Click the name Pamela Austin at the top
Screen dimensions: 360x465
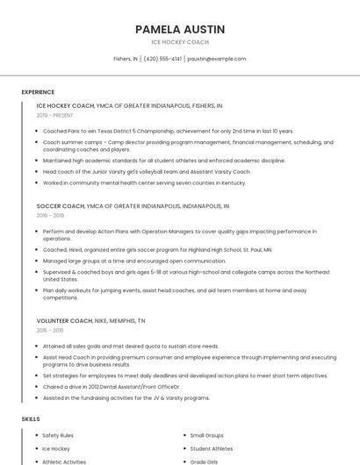pyautogui.click(x=180, y=29)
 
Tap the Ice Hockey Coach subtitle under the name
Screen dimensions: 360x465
pyautogui.click(x=180, y=42)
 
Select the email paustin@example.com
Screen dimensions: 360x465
pyautogui.click(x=217, y=59)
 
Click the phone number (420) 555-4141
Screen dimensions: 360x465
pyautogui.click(x=162, y=59)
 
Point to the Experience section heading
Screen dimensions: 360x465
pyautogui.click(x=38, y=92)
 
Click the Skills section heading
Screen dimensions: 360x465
pyautogui.click(x=31, y=419)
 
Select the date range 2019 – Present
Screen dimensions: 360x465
pyautogui.click(x=55, y=115)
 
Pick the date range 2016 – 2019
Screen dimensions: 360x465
pyautogui.click(x=50, y=216)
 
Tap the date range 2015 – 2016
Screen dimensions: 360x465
pyautogui.click(x=50, y=330)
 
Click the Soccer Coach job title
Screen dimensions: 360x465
pyautogui.click(x=61, y=206)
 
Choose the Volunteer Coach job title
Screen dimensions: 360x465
pyautogui.click(x=66, y=320)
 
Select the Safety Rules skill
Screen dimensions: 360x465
pyautogui.click(x=58, y=435)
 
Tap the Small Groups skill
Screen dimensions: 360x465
pyautogui.click(x=207, y=435)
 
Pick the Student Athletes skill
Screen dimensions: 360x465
pyautogui.click(x=212, y=448)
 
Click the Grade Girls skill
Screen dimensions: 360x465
pyautogui.click(x=204, y=461)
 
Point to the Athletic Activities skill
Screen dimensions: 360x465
pyautogui.click(x=64, y=461)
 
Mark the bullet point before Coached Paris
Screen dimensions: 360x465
pyautogui.click(x=36, y=131)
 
